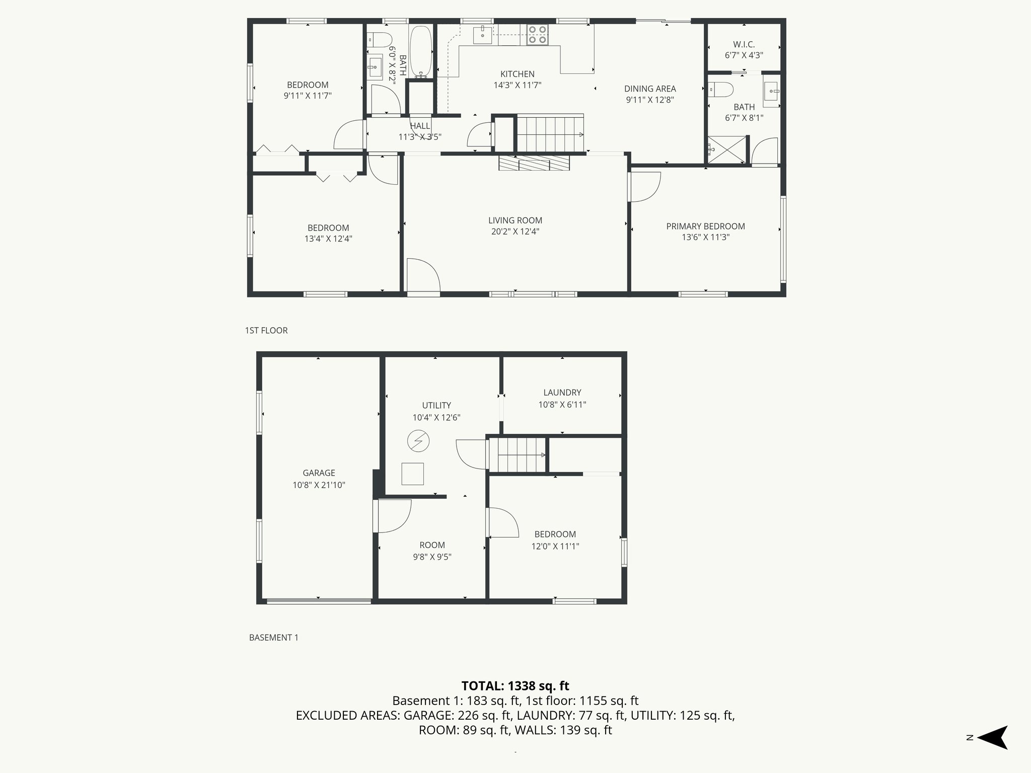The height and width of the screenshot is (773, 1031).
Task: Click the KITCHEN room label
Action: [517, 74]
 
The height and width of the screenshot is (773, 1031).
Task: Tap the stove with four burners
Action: [537, 35]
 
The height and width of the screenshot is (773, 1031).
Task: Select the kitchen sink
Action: [482, 34]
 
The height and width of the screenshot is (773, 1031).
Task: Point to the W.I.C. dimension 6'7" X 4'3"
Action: [744, 55]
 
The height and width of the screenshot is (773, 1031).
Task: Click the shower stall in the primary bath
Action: [726, 149]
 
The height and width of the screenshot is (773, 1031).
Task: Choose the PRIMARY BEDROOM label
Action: [705, 226]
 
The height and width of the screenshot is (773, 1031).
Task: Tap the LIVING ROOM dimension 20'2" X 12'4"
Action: [515, 231]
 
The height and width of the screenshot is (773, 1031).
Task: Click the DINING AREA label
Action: [650, 89]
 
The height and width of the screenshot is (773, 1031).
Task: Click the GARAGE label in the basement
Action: [319, 473]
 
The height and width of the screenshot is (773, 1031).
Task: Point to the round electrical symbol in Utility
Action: [418, 441]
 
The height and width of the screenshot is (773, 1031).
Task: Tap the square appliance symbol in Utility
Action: [412, 474]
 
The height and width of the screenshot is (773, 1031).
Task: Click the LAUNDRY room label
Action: [562, 393]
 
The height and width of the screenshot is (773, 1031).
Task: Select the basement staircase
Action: [518, 454]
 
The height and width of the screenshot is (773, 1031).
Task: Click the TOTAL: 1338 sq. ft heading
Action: [515, 685]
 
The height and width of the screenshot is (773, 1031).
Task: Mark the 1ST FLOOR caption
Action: [266, 330]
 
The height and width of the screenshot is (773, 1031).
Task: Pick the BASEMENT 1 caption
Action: [273, 637]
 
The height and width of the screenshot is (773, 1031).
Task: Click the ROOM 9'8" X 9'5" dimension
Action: [432, 557]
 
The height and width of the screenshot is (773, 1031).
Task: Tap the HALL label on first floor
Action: [420, 126]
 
